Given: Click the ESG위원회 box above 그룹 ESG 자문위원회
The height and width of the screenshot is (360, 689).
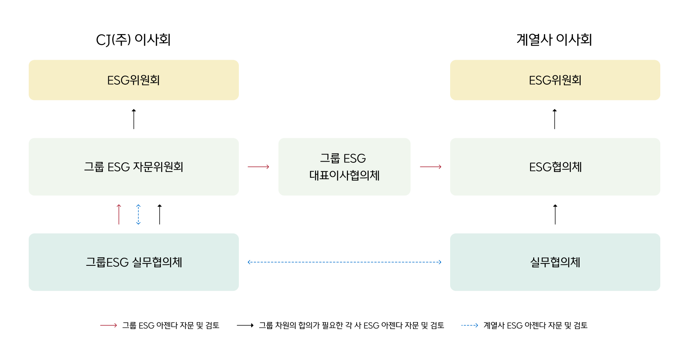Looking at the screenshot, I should [134, 80].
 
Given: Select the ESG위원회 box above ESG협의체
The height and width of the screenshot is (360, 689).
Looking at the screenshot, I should [555, 80].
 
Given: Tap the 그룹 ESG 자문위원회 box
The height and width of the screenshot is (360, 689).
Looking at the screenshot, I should [134, 167].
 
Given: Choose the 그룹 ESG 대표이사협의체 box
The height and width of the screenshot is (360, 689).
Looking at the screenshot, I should [344, 167].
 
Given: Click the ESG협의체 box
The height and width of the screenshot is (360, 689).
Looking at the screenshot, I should [555, 167].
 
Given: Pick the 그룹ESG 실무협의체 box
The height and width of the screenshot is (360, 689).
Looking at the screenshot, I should [134, 262].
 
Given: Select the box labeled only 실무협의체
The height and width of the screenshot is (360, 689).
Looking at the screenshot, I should [555, 262].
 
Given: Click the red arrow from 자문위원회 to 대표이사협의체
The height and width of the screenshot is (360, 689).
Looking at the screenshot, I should [258, 167].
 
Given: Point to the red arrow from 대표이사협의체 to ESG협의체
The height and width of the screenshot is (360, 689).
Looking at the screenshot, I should [431, 167].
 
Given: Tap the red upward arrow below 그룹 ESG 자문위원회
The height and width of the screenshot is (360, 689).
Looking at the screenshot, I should [119, 214].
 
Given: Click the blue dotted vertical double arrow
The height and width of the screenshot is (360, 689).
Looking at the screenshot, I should [139, 214].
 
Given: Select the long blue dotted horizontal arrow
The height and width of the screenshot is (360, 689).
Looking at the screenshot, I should [344, 262].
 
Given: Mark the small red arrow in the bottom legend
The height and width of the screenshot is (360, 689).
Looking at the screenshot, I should [108, 325].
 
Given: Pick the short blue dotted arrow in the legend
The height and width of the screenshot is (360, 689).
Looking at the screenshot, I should [470, 325].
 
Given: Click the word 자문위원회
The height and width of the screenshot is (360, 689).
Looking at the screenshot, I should [158, 167].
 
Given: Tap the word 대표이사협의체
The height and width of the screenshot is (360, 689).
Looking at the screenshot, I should [344, 175].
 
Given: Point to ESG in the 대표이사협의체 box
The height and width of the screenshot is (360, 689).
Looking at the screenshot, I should [354, 158].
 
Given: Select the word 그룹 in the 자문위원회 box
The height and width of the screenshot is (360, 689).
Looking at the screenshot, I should [94, 167].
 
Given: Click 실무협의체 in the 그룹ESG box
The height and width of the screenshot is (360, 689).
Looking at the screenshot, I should [157, 262].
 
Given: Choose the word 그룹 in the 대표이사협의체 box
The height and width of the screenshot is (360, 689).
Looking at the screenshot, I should [330, 158].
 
